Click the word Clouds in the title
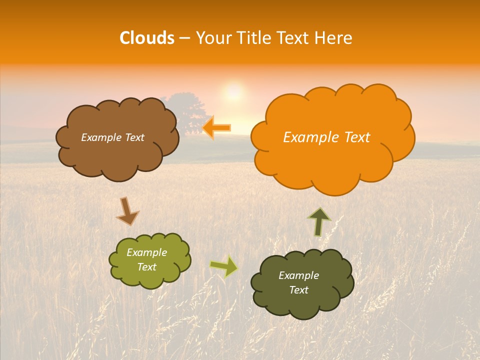tap(146, 38)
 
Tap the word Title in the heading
tap(254, 38)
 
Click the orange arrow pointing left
tap(216, 128)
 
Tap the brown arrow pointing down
tap(127, 211)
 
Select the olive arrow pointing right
tap(224, 266)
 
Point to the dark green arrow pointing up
tap(319, 221)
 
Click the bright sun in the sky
tap(233, 91)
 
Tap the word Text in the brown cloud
tap(133, 137)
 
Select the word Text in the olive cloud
tap(146, 267)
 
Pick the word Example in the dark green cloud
tap(298, 275)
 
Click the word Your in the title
tap(210, 38)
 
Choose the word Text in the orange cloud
tap(355, 137)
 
